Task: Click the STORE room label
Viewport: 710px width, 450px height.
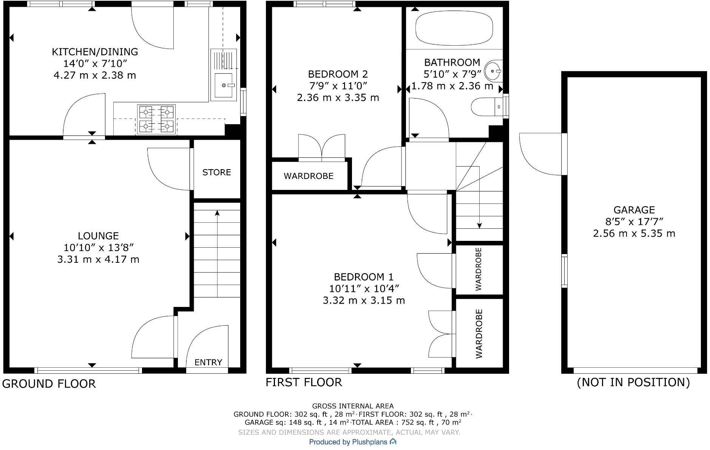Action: [216, 173]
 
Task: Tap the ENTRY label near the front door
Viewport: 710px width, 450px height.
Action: [208, 362]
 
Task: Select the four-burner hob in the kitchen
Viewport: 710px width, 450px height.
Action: [156, 119]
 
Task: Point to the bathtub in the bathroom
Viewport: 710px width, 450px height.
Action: [454, 28]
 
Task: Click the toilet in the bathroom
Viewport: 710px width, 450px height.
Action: [485, 107]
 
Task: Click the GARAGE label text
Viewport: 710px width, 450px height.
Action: [634, 210]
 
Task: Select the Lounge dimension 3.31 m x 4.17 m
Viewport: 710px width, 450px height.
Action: [98, 259]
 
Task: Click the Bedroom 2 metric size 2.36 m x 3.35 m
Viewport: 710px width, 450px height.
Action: [338, 98]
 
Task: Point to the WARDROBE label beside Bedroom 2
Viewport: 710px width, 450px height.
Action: [309, 176]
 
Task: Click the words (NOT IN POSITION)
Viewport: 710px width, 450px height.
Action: [633, 382]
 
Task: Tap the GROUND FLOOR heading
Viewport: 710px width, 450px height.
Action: [49, 384]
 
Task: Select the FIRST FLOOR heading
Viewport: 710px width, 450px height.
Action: [304, 382]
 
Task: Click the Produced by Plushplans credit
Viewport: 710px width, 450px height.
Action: [352, 442]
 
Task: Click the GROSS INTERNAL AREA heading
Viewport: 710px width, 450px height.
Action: [353, 406]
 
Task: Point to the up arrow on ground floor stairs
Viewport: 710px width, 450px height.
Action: [217, 214]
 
